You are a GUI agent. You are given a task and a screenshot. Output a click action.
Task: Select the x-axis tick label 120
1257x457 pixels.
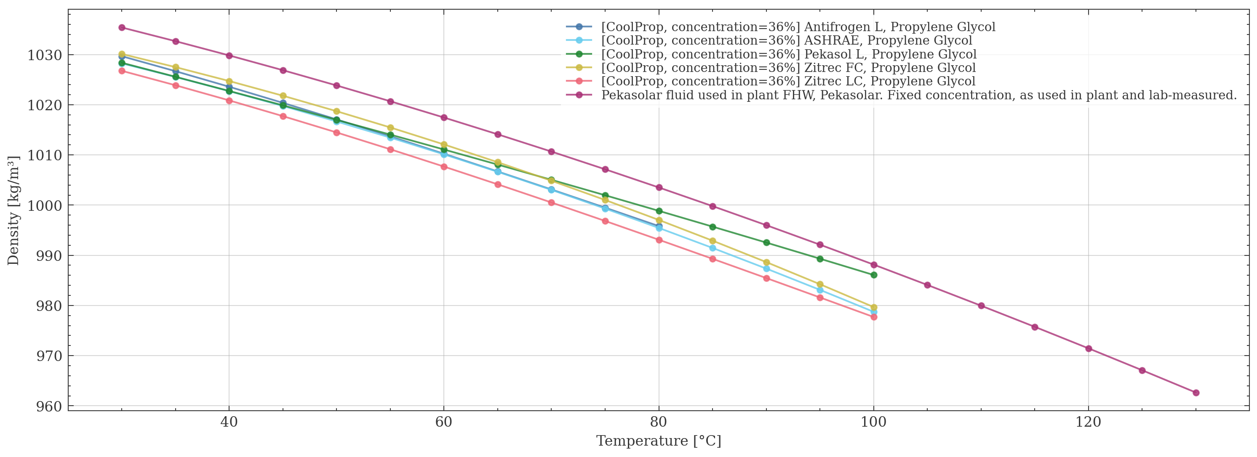coord(1088,422)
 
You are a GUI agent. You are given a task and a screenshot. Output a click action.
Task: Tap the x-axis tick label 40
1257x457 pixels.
coord(229,422)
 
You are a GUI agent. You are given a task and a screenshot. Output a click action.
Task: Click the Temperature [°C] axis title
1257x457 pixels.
coord(658,441)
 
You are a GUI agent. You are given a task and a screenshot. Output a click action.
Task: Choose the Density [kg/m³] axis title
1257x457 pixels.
coord(13,211)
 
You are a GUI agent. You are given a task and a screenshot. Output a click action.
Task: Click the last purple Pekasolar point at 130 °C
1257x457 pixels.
coord(1196,393)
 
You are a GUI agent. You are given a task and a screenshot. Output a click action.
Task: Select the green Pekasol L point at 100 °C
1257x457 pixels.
coord(873,275)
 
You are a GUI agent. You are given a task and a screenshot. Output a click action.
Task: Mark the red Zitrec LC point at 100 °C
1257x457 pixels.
coord(873,317)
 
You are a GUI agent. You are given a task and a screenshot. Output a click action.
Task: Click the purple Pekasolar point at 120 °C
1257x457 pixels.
coord(1088,349)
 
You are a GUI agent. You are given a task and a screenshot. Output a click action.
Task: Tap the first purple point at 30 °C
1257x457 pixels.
coord(122,27)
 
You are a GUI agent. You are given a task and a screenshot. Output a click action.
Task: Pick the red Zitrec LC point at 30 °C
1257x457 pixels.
coord(122,71)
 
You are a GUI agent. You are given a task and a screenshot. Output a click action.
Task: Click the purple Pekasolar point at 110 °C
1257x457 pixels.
coord(981,306)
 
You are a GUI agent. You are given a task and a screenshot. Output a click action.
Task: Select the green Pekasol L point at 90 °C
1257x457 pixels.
coord(766,242)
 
